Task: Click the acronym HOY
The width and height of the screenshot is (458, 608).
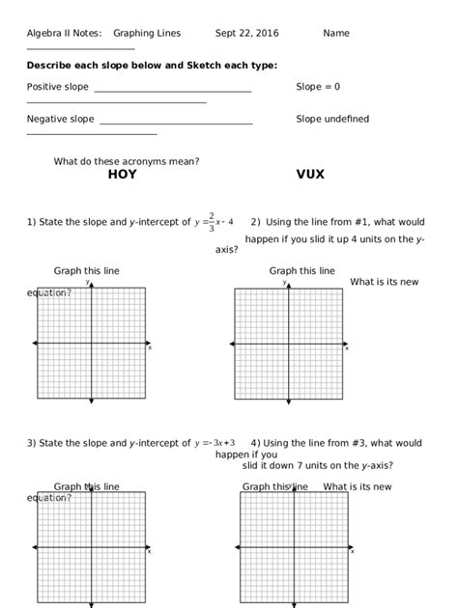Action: tap(122, 175)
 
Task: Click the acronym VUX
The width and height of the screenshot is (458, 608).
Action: tap(310, 175)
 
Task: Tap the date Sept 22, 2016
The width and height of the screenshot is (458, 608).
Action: tap(246, 33)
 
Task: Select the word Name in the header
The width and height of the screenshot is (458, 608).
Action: tap(336, 33)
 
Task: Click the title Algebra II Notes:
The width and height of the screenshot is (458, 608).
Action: tap(64, 33)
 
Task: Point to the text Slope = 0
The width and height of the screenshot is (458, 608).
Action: tap(318, 87)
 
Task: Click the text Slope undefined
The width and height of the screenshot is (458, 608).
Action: tap(332, 120)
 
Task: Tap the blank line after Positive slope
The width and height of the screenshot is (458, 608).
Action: tap(173, 91)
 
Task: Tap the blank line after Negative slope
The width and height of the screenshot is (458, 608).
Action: tap(176, 124)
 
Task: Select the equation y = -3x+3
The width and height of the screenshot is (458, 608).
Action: tap(215, 444)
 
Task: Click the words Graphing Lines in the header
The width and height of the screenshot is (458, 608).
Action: tap(147, 33)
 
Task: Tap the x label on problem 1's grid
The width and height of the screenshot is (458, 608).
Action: tap(150, 348)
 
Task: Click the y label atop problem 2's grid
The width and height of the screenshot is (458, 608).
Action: tap(285, 283)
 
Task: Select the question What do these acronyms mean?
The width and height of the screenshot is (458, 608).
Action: tap(127, 161)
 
